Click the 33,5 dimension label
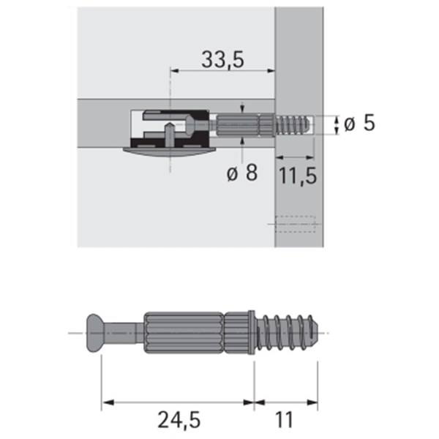[x=222, y=60]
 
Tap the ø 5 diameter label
[x=359, y=123]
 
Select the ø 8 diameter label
[x=242, y=173]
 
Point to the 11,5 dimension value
[x=298, y=176]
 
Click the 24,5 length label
[x=179, y=419]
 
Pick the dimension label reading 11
[x=284, y=419]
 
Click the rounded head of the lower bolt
[x=94, y=333]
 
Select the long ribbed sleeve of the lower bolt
[x=184, y=333]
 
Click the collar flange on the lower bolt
[x=252, y=333]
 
